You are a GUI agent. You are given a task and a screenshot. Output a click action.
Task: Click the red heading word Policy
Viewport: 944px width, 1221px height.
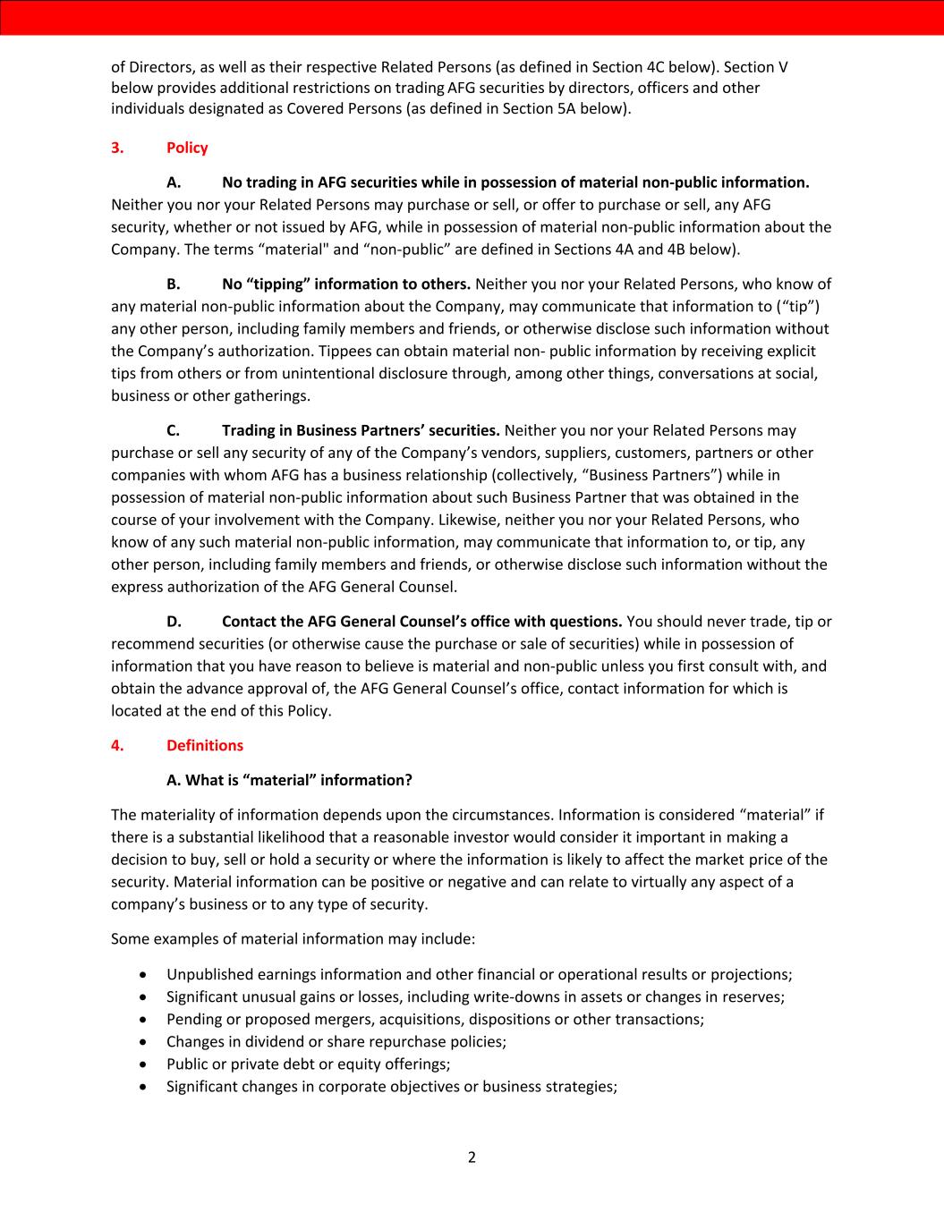click(x=187, y=148)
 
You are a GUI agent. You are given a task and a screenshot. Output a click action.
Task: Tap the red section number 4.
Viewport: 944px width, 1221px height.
click(x=116, y=745)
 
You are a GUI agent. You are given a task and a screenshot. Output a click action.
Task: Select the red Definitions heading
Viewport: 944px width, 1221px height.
click(x=204, y=745)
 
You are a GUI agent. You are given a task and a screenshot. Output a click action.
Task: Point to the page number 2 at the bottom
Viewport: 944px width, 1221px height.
click(x=472, y=1157)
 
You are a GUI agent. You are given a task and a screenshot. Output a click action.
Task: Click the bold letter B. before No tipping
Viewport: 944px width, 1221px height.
click(x=174, y=284)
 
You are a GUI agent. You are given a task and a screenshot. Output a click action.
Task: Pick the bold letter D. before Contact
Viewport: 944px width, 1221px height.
click(x=174, y=622)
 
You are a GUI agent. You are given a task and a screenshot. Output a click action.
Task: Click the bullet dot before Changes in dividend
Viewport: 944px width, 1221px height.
click(x=145, y=1042)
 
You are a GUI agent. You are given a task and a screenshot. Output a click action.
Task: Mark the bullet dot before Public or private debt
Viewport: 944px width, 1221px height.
click(x=145, y=1064)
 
